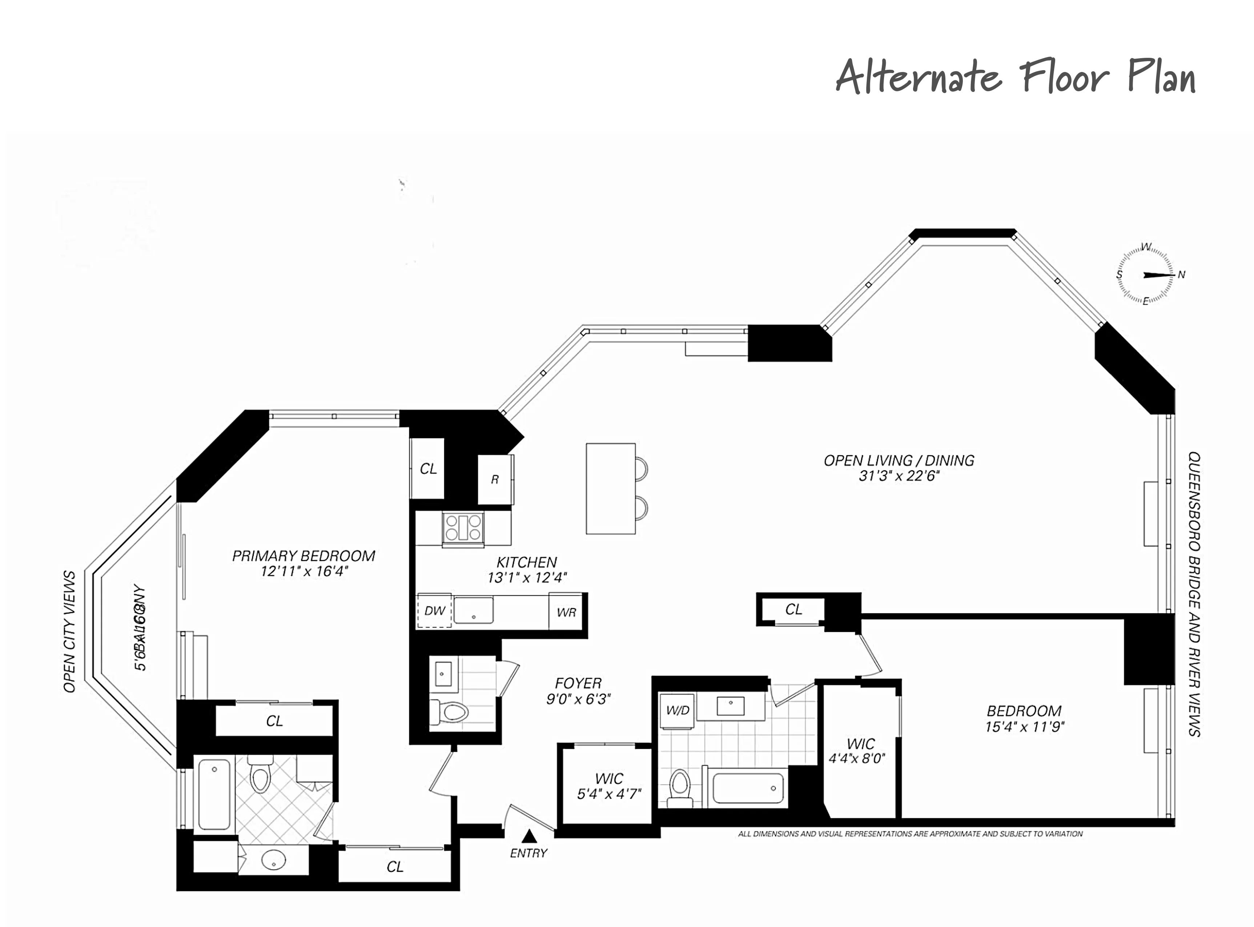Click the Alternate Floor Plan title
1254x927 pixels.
tap(1016, 77)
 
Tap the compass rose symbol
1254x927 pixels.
tap(1145, 275)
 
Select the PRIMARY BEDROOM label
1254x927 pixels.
tap(304, 556)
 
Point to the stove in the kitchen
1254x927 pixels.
tap(463, 527)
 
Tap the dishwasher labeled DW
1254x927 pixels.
tap(434, 610)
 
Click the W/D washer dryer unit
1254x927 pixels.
tap(677, 711)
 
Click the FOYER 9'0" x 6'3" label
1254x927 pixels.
tap(578, 691)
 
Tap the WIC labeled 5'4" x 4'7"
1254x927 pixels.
tap(609, 786)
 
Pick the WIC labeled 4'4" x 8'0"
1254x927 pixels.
tap(860, 751)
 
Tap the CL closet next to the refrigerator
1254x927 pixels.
tap(428, 469)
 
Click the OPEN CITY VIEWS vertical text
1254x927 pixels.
tap(69, 631)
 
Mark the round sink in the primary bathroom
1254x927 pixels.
tap(274, 859)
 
